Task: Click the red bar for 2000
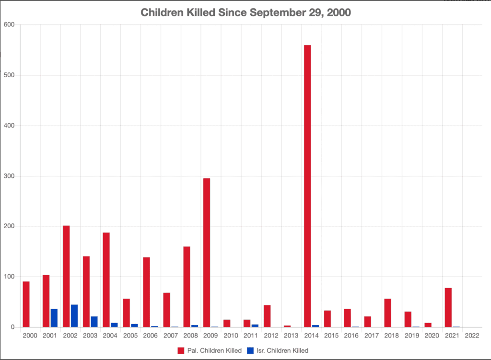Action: (26, 304)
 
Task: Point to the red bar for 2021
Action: (448, 307)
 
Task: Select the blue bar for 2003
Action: (94, 322)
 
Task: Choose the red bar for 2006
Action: (146, 292)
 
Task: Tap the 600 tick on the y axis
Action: (9, 25)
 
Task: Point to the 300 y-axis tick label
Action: (9, 176)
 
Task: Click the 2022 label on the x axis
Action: (472, 336)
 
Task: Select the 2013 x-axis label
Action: (291, 336)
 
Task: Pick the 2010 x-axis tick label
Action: (230, 336)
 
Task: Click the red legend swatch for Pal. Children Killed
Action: (181, 350)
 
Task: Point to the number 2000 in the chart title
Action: (338, 13)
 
